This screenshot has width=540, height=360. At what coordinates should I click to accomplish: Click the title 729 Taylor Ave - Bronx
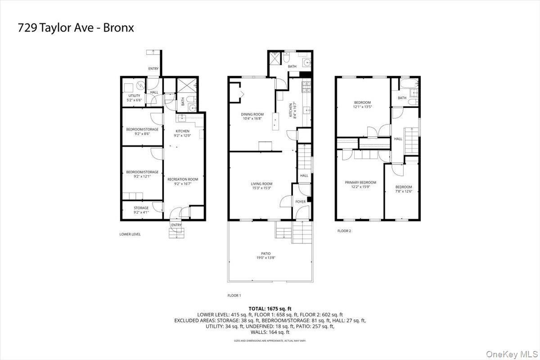[x=76, y=28]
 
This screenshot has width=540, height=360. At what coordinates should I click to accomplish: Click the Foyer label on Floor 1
[x=300, y=202]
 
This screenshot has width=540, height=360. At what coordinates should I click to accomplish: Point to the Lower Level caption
[x=130, y=234]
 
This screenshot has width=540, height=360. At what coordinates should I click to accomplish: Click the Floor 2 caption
[x=344, y=231]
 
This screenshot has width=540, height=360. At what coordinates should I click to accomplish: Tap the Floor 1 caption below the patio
[x=234, y=296]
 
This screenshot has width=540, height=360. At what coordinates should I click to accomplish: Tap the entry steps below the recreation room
[x=176, y=233]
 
